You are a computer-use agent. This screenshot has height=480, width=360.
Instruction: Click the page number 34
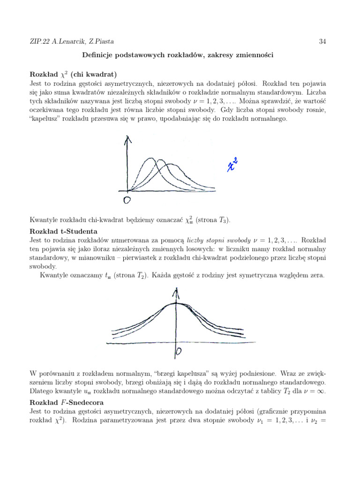coord(322,42)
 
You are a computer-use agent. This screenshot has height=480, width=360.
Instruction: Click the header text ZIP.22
coord(39,42)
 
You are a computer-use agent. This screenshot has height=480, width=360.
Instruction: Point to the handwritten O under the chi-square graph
coord(127,201)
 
